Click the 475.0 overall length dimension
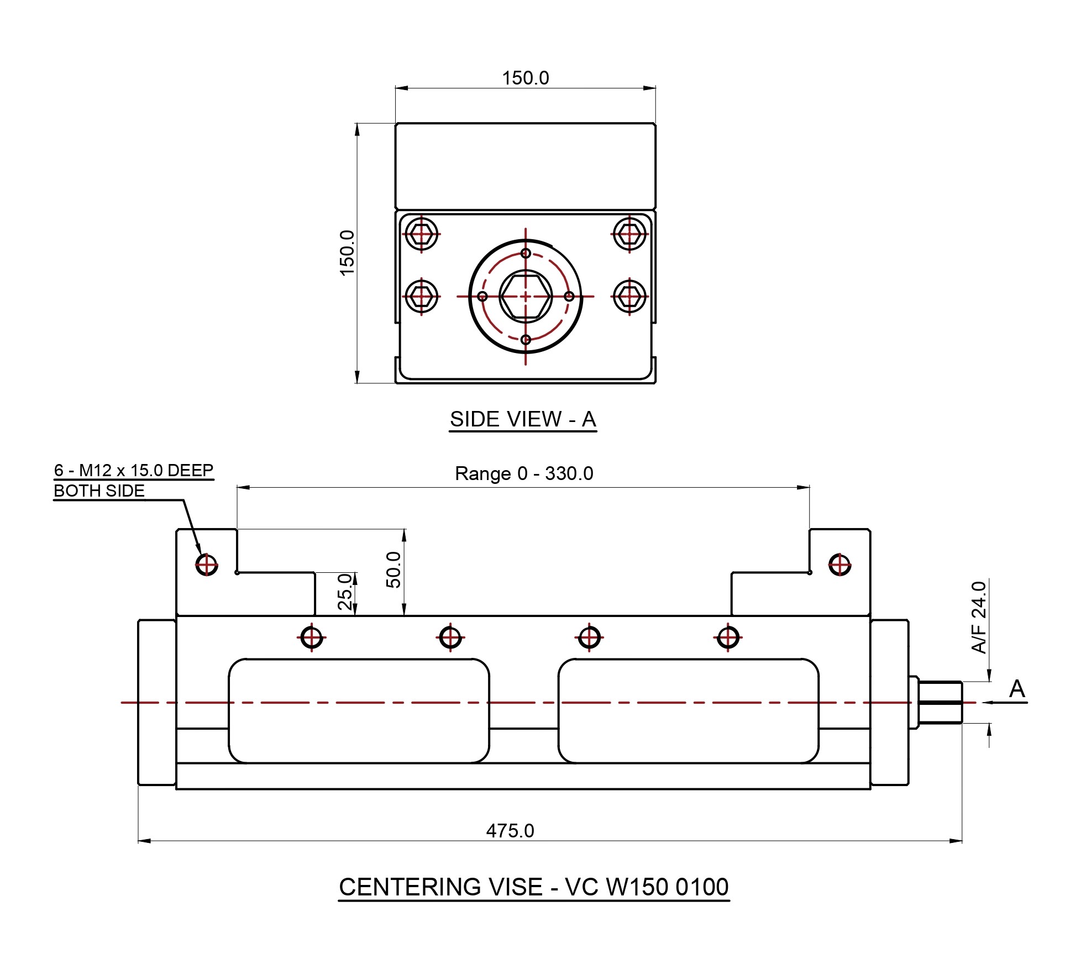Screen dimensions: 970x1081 [510, 831]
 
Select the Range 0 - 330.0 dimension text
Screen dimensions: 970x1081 [523, 473]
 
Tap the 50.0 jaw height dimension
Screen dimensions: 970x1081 [393, 570]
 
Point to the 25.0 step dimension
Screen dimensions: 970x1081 [345, 591]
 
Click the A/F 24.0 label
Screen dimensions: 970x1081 [978, 617]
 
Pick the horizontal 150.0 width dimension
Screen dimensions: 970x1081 [525, 78]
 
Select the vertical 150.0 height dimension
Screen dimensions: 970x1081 [347, 252]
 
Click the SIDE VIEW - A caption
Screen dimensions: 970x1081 [523, 419]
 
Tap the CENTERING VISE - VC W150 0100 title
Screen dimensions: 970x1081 [533, 887]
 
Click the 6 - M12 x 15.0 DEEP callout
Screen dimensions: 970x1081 [133, 471]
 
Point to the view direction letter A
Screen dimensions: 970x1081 [1017, 689]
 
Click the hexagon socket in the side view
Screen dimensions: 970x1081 [526, 297]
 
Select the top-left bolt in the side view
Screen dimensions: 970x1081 [422, 234]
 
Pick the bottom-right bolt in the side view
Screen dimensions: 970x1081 [629, 297]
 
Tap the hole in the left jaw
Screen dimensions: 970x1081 [207, 565]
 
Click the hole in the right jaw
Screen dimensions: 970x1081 [839, 565]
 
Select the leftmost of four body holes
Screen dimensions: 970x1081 [312, 637]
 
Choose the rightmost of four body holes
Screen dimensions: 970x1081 [728, 637]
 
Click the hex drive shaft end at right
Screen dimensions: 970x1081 [940, 702]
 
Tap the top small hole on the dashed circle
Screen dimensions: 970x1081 [526, 254]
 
